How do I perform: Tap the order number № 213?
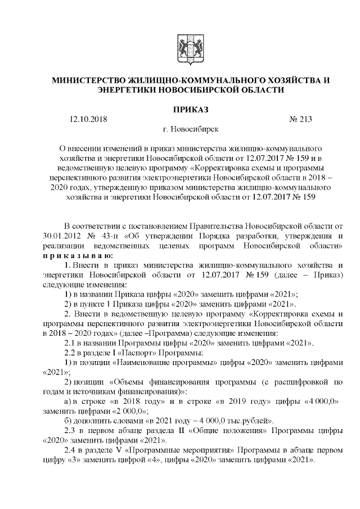300,119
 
